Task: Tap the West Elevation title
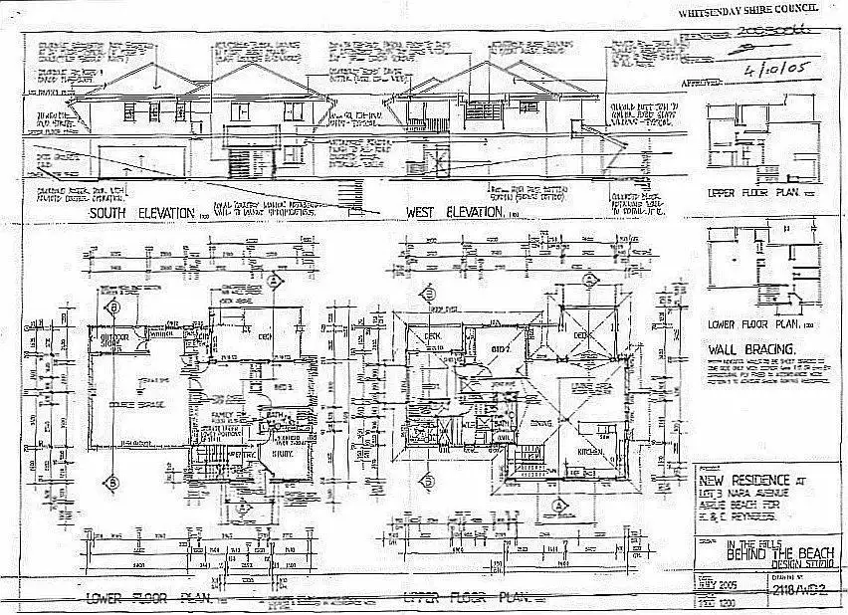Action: pos(453,213)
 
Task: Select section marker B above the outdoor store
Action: pos(114,307)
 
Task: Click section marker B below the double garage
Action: pos(114,483)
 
